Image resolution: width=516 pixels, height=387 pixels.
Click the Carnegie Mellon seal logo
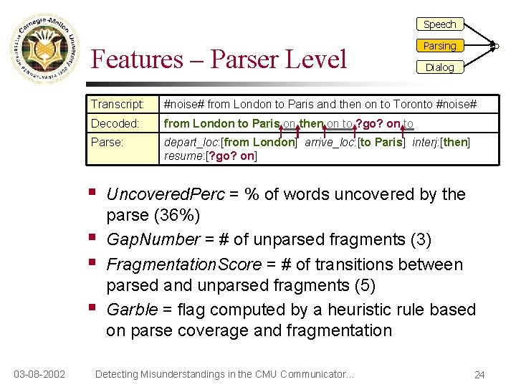tap(44, 49)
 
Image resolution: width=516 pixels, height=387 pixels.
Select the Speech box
tap(439, 24)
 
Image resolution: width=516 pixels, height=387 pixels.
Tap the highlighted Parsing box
tap(439, 46)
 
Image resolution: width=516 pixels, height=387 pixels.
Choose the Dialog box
tap(439, 67)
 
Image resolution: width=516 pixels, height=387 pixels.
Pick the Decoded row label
tap(115, 123)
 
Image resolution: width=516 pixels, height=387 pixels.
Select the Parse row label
tap(107, 142)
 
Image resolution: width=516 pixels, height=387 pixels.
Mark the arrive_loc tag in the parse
tap(329, 142)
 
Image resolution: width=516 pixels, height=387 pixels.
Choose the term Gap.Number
tap(153, 239)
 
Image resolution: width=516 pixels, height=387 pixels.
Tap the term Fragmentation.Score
tap(184, 264)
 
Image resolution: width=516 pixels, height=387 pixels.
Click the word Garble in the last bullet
tap(131, 310)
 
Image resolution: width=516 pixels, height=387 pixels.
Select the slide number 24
tap(479, 374)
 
